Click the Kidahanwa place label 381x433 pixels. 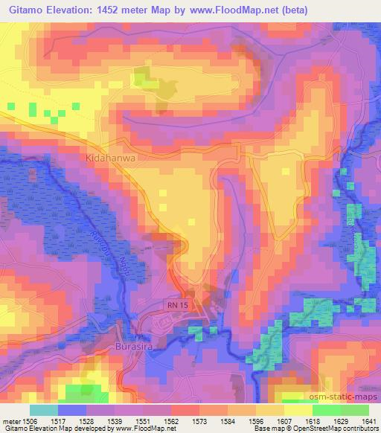(109, 159)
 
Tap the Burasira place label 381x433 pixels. (137, 347)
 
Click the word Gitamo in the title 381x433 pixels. (31, 8)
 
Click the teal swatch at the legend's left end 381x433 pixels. (44, 409)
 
